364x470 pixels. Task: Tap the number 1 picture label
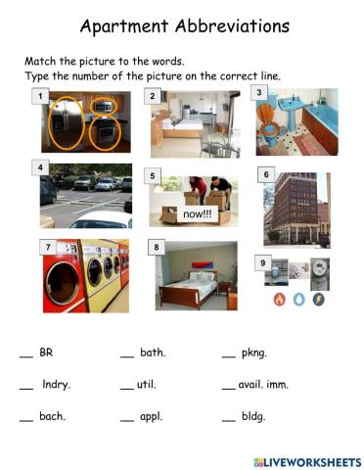[x=39, y=96]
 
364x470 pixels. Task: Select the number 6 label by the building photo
[x=266, y=174]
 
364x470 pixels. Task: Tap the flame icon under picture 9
[x=279, y=299]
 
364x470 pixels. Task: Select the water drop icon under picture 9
[x=298, y=299]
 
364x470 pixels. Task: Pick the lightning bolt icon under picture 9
[x=318, y=299]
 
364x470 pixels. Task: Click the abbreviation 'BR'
[x=46, y=352]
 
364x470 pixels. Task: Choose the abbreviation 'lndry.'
[x=57, y=385]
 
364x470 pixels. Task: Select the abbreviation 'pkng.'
[x=254, y=352]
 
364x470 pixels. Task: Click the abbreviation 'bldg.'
[x=253, y=416]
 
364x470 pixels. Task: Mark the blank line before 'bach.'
[x=25, y=419]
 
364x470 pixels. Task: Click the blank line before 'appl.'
[x=126, y=419]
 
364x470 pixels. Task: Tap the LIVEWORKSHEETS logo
[x=306, y=460]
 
